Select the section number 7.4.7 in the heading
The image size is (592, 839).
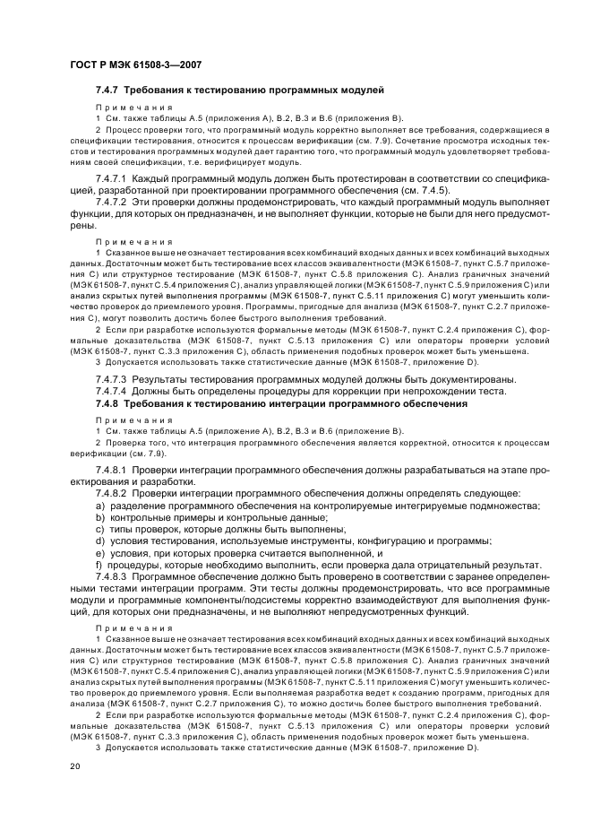107,91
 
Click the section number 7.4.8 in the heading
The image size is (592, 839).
107,404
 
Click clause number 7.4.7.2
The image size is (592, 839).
112,203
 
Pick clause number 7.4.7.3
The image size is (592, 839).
112,379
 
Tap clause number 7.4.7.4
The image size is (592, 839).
112,392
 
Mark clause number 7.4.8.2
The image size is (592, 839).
112,494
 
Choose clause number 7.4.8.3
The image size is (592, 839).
112,577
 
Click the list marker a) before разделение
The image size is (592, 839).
100,506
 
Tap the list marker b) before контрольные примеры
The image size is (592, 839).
100,518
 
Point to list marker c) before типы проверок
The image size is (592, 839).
100,530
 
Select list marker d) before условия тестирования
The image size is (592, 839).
100,541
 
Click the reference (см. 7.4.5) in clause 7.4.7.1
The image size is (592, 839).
422,191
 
